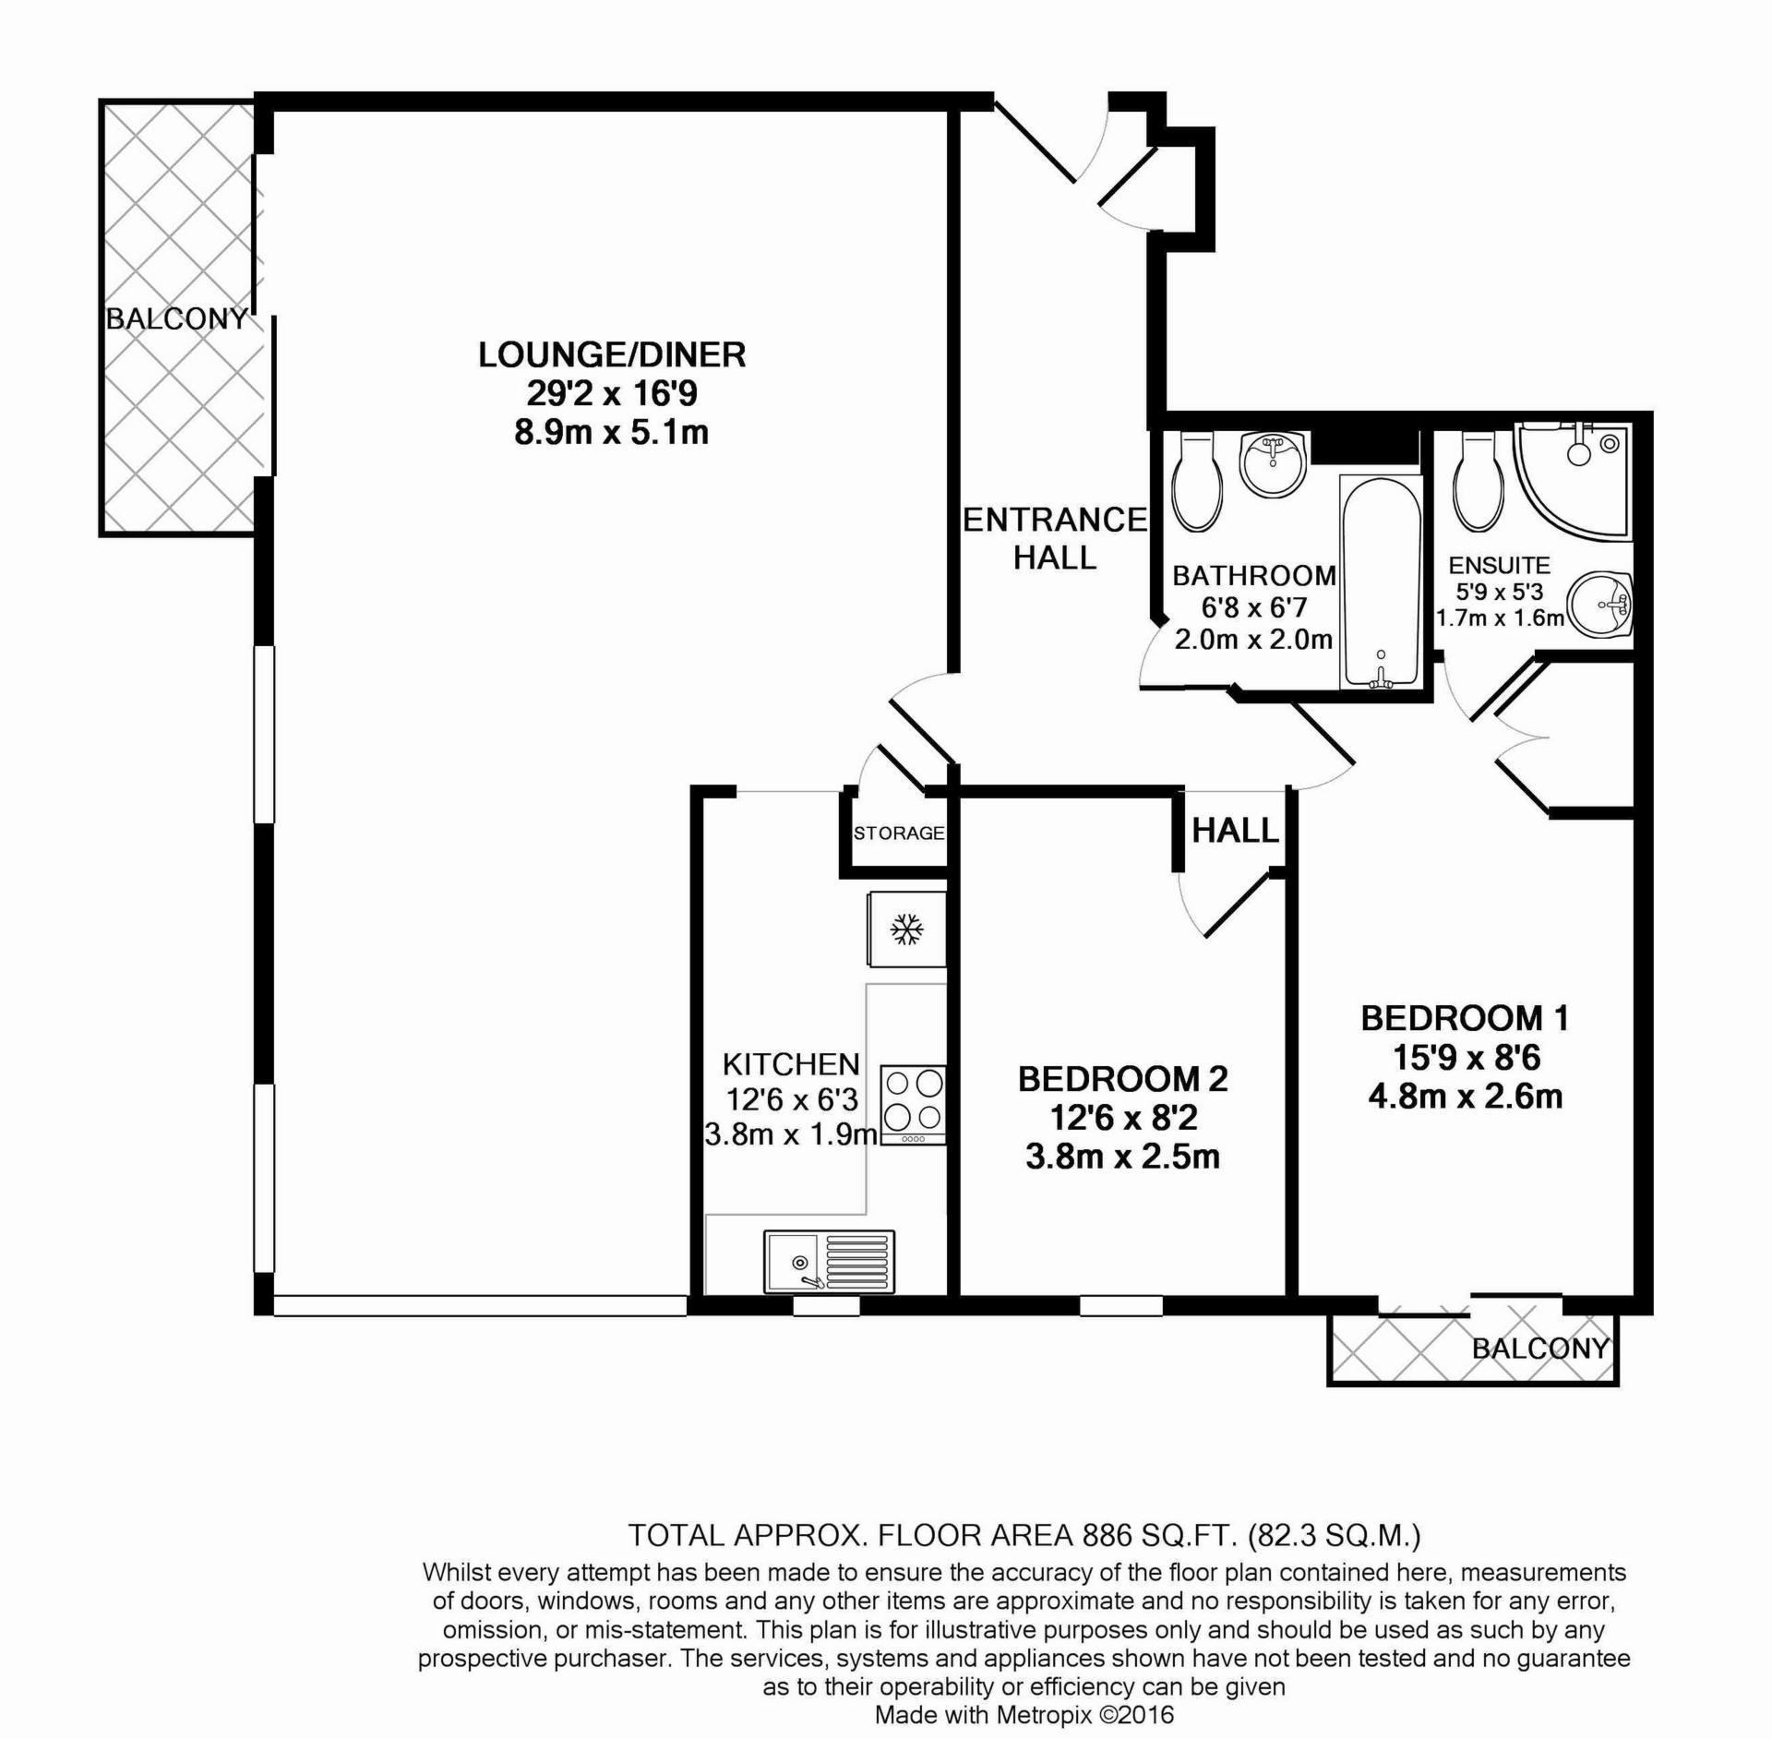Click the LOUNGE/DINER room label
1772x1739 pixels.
[x=611, y=355]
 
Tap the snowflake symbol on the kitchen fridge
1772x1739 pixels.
[x=906, y=929]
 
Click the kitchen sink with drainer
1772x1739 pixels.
[x=829, y=1261]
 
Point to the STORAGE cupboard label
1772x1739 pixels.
[x=898, y=834]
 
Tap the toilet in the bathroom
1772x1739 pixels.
[x=1196, y=481]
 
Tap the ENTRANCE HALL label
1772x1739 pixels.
[x=1054, y=538]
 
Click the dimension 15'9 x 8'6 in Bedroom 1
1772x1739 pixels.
[x=1465, y=1057]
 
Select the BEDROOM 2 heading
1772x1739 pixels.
[x=1122, y=1079]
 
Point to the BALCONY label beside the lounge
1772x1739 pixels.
[x=176, y=319]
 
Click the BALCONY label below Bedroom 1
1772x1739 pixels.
[x=1539, y=1349]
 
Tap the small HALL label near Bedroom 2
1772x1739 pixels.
[x=1235, y=831]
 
